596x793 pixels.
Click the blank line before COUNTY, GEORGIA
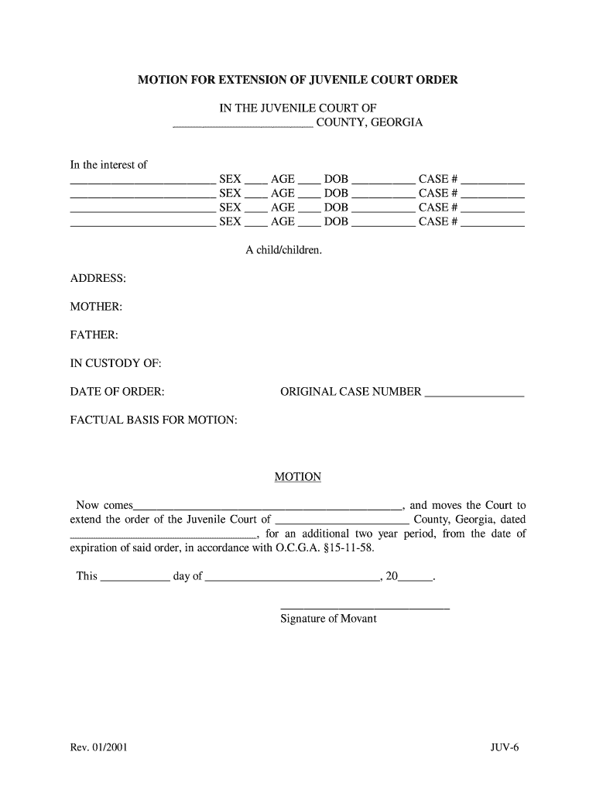click(x=242, y=125)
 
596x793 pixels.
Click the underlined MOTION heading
click(x=298, y=477)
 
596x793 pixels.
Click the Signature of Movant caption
click(x=328, y=619)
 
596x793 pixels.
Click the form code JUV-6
click(x=505, y=748)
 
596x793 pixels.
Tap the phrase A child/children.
click(x=284, y=250)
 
